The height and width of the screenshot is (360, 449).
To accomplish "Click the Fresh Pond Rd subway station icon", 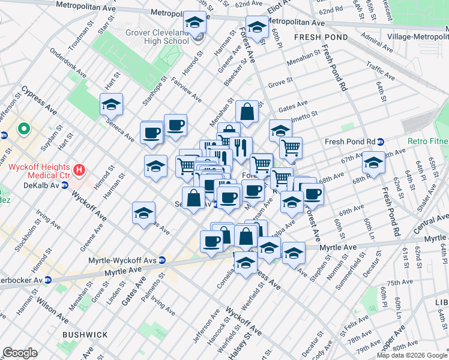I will [381, 142].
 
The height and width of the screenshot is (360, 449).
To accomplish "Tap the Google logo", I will [20, 353].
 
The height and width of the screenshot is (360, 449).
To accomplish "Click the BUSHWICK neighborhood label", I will [84, 335].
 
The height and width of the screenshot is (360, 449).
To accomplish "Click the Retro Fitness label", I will [427, 142].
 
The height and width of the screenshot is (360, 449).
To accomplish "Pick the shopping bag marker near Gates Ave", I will [247, 112].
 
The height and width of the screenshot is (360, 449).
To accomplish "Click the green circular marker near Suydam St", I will [24, 128].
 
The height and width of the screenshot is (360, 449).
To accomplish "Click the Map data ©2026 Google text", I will [412, 355].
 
